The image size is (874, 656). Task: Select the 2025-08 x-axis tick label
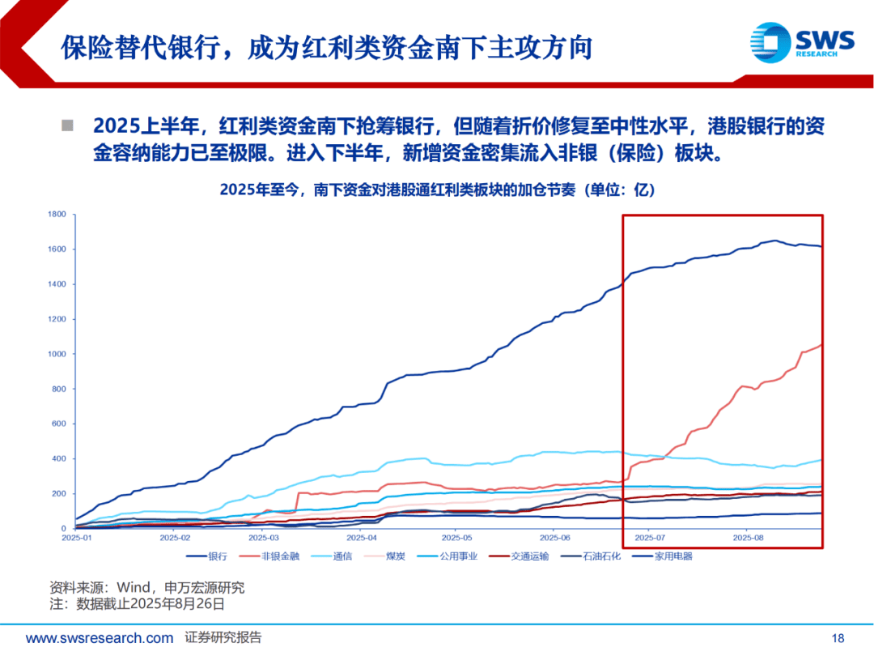tap(748, 538)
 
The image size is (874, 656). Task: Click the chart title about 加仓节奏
tap(436, 190)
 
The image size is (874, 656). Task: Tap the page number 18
tap(838, 638)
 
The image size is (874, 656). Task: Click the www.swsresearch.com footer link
tap(100, 638)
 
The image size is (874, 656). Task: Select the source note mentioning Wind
tap(146, 587)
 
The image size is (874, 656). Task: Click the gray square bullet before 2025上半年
tap(68, 126)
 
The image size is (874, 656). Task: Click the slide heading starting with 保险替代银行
tap(327, 47)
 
